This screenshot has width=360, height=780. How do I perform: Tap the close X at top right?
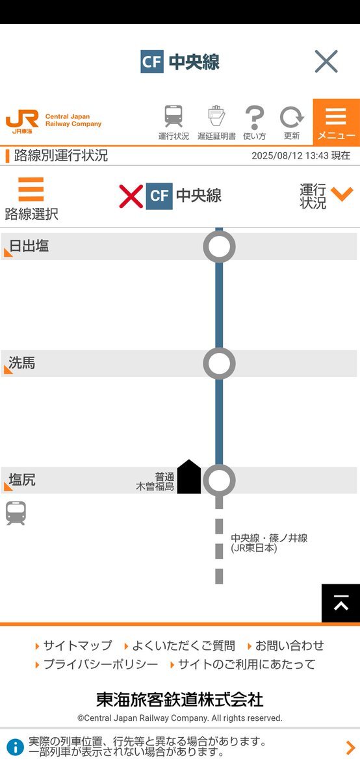coord(326,61)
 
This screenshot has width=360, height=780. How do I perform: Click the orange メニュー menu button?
coord(337,122)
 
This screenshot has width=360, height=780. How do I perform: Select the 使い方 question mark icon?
coord(255,118)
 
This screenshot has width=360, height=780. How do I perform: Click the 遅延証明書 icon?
coord(216,116)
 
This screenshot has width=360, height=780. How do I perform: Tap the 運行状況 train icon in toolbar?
coord(174,116)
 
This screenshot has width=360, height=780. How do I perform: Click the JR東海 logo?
coord(22,122)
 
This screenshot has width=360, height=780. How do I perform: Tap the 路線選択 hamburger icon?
coord(31,189)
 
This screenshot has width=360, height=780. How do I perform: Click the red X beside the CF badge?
coord(131,196)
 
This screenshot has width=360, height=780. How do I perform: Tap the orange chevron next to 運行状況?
coord(342,194)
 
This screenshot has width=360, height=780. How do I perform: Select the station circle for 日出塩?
coord(219,246)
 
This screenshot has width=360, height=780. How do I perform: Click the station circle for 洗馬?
coord(219,363)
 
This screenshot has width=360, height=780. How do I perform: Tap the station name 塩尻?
coord(22,480)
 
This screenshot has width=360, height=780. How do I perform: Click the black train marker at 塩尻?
coord(188,476)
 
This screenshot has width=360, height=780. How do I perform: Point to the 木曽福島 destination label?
coord(155,486)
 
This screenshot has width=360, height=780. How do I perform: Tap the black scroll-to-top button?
coord(341,603)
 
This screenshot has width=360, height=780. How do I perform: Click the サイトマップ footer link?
coord(77,645)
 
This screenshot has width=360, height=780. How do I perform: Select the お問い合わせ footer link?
coord(289,645)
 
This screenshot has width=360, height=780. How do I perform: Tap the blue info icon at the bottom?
coord(15,747)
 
